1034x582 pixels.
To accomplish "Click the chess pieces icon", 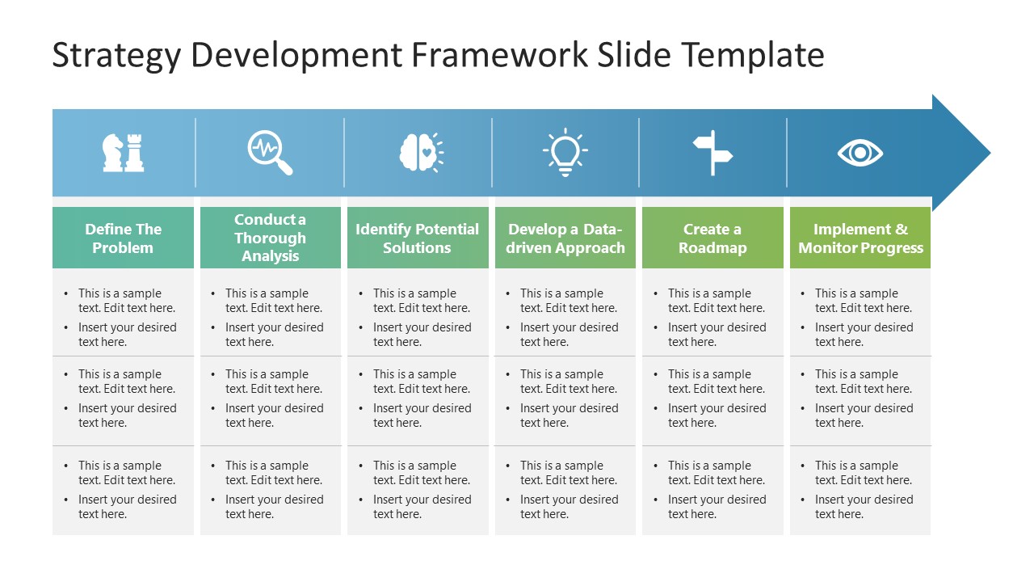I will click(x=123, y=153).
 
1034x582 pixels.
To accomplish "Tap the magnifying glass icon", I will click(x=270, y=153).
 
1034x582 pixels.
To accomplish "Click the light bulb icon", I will click(x=565, y=152).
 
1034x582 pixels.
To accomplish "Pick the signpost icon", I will click(x=712, y=153).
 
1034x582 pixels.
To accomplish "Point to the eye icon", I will click(x=860, y=153).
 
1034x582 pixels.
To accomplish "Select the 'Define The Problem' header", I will click(x=123, y=238).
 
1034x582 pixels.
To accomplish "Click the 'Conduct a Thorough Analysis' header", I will click(x=270, y=238).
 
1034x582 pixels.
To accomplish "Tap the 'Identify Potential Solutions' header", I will click(x=418, y=238).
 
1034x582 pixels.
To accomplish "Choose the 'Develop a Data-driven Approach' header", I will click(x=565, y=238).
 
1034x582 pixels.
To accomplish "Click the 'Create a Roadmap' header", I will click(x=712, y=238).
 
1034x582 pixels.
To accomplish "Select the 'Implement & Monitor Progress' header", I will click(x=860, y=238).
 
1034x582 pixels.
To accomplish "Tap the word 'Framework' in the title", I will click(x=500, y=56).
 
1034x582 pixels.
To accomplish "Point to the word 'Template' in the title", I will click(x=753, y=56).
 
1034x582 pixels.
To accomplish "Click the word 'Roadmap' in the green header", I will click(x=712, y=248).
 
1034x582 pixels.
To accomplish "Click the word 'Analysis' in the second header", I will click(x=270, y=256).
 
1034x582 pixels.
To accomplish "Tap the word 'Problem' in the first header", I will click(x=123, y=248).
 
